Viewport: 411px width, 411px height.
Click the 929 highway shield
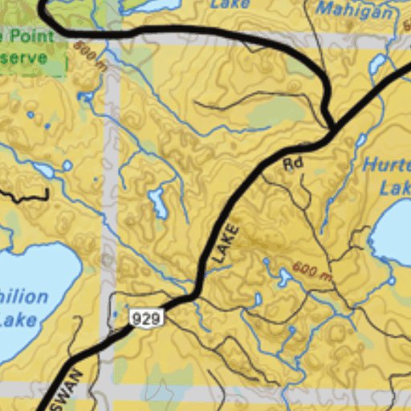coord(146,318)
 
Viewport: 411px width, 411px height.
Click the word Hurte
coord(387,165)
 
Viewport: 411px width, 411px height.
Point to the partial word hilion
coord(24,298)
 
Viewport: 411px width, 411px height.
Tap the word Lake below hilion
coord(18,319)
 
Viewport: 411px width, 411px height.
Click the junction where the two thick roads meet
coord(331,128)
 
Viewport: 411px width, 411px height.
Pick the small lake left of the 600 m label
coord(284,278)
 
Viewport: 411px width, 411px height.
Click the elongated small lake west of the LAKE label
coord(159,205)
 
